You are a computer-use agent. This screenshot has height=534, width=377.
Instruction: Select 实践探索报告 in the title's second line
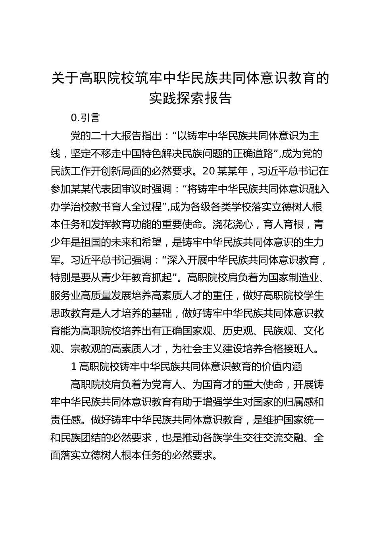coord(190,98)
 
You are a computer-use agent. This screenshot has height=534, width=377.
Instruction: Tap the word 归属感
coord(300,401)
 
